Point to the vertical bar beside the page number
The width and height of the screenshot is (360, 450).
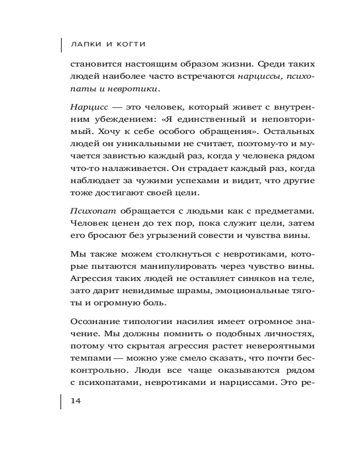click(x=61, y=401)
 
